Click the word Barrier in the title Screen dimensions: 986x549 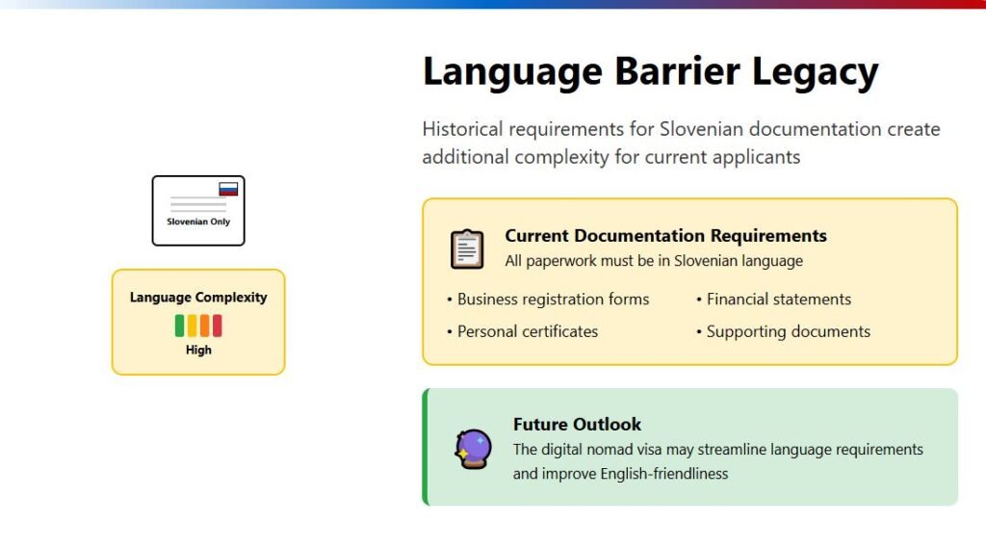coord(677,70)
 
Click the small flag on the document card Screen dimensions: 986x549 coord(228,189)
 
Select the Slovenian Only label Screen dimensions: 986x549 coord(198,222)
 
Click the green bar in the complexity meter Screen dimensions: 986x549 coord(179,326)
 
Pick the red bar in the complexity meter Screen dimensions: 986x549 coord(217,326)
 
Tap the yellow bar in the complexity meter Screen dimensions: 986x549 coord(192,326)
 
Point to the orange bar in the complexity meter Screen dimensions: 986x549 coord(204,326)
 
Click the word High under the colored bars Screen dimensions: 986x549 coord(198,351)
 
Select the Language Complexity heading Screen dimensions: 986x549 coord(198,298)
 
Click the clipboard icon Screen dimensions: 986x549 coord(467,249)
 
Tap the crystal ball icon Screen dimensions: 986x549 coord(473,449)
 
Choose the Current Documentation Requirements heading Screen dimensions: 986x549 coord(665,236)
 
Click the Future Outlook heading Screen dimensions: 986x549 coord(577,425)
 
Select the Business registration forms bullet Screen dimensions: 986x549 coord(548,300)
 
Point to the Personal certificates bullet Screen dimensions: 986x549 coord(523,331)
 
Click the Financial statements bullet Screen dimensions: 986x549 coord(773,300)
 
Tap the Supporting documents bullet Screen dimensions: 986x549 coord(783,331)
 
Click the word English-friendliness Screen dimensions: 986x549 coord(664,474)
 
